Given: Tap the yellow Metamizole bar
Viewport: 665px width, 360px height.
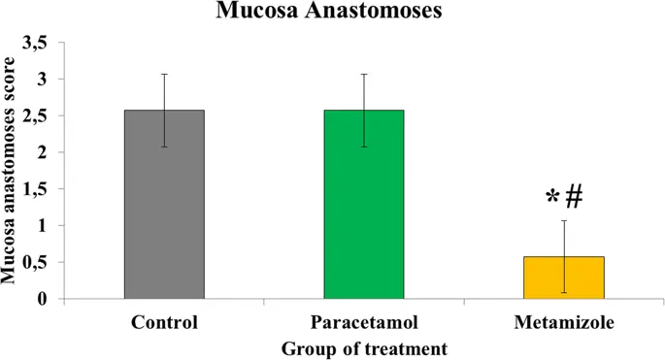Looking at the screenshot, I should pyautogui.click(x=564, y=278).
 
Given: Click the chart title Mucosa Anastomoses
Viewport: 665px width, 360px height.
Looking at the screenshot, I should pyautogui.click(x=331, y=14).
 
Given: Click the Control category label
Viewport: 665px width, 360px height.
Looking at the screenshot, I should pyautogui.click(x=163, y=322).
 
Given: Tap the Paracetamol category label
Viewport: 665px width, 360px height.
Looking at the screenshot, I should pyautogui.click(x=364, y=322).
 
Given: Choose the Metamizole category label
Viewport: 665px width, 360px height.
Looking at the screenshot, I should pyautogui.click(x=564, y=322).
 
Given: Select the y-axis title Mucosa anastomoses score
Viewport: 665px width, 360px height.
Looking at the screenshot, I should pyautogui.click(x=12, y=171).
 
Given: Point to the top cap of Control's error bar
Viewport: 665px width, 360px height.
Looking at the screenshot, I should pyautogui.click(x=164, y=74).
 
